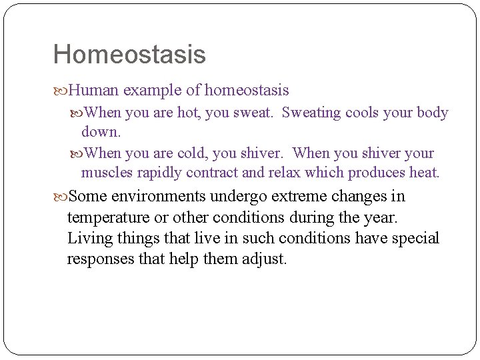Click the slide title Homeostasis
pos(129,55)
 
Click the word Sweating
pos(311,113)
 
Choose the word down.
pos(101,132)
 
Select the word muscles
pos(107,173)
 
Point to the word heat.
pos(424,173)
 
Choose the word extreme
pos(304,197)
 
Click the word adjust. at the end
pos(265,259)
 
